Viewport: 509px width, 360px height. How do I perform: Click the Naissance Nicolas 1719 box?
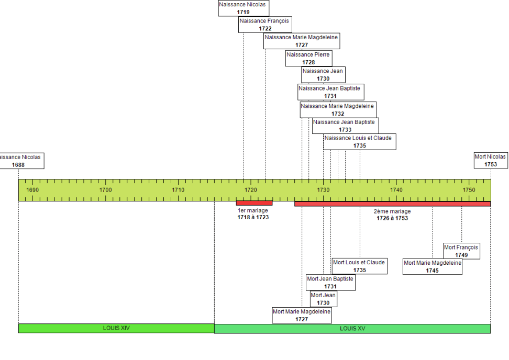(243, 8)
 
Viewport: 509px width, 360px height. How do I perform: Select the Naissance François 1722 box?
(264, 25)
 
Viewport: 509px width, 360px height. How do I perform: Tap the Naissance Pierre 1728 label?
(308, 58)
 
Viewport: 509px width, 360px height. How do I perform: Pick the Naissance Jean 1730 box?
(323, 75)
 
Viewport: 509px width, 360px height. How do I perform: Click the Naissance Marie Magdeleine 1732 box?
(338, 109)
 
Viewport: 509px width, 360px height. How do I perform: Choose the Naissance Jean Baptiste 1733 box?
(345, 126)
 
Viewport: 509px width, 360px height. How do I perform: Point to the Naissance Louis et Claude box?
(359, 142)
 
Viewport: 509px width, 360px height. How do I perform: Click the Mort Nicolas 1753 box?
(490, 160)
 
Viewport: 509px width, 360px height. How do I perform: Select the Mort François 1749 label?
(461, 251)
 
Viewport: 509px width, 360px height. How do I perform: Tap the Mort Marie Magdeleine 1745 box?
(432, 267)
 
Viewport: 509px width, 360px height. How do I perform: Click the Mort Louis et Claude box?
(359, 266)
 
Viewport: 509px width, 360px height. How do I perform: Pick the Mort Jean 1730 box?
(323, 299)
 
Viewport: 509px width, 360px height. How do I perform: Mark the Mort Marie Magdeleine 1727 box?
(302, 315)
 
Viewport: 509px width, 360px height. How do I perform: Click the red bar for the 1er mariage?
(254, 203)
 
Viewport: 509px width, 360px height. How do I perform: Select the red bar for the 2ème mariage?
(392, 204)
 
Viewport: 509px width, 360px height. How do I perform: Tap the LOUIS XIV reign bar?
(116, 328)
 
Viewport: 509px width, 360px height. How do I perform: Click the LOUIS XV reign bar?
(352, 328)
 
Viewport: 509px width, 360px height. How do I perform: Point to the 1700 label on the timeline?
(105, 189)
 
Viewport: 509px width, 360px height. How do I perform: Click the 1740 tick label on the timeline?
(396, 189)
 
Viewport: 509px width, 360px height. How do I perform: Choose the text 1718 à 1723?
(253, 217)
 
